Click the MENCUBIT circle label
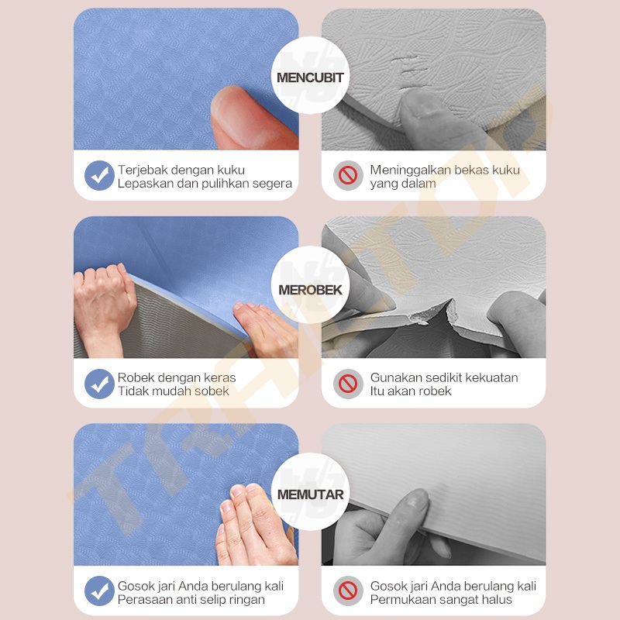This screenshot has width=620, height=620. click(x=310, y=76)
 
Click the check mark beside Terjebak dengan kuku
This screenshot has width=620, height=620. click(x=99, y=175)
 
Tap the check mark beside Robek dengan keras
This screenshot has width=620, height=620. click(x=99, y=384)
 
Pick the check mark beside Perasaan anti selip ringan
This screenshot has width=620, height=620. click(x=99, y=591)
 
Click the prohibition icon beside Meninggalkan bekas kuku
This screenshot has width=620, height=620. click(x=348, y=175)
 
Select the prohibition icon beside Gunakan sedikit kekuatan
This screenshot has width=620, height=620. click(x=348, y=384)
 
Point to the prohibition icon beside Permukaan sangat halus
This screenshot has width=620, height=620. click(x=348, y=591)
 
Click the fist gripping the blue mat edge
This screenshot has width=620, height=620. click(x=104, y=305)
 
